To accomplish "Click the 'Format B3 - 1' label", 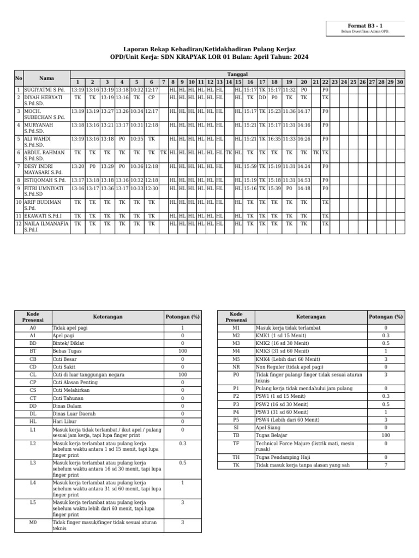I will click(x=365, y=26).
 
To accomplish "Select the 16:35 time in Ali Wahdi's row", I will click(x=274, y=139).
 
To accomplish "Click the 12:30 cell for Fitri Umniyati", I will click(x=152, y=188).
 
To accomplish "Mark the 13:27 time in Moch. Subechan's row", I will click(x=107, y=111).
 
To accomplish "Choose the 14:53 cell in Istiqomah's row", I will click(x=304, y=180).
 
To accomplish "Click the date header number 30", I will click(x=400, y=82).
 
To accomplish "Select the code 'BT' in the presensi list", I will click(x=33, y=351).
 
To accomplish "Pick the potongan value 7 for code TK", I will click(x=386, y=465).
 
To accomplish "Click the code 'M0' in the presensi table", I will click(x=33, y=522).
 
